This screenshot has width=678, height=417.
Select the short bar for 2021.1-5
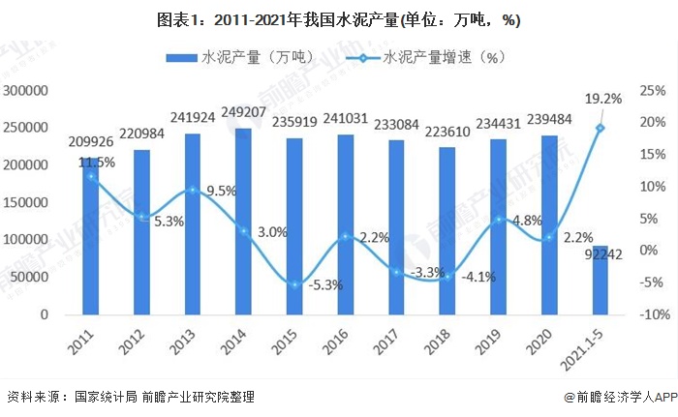click(601, 280)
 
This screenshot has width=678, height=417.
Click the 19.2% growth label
click(601, 99)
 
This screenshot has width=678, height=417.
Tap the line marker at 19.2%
click(601, 128)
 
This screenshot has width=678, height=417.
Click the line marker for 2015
click(294, 283)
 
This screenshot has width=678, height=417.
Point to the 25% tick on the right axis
click(651, 90)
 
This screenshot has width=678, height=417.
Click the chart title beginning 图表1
click(339, 20)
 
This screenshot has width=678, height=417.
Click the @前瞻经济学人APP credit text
click(612, 397)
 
